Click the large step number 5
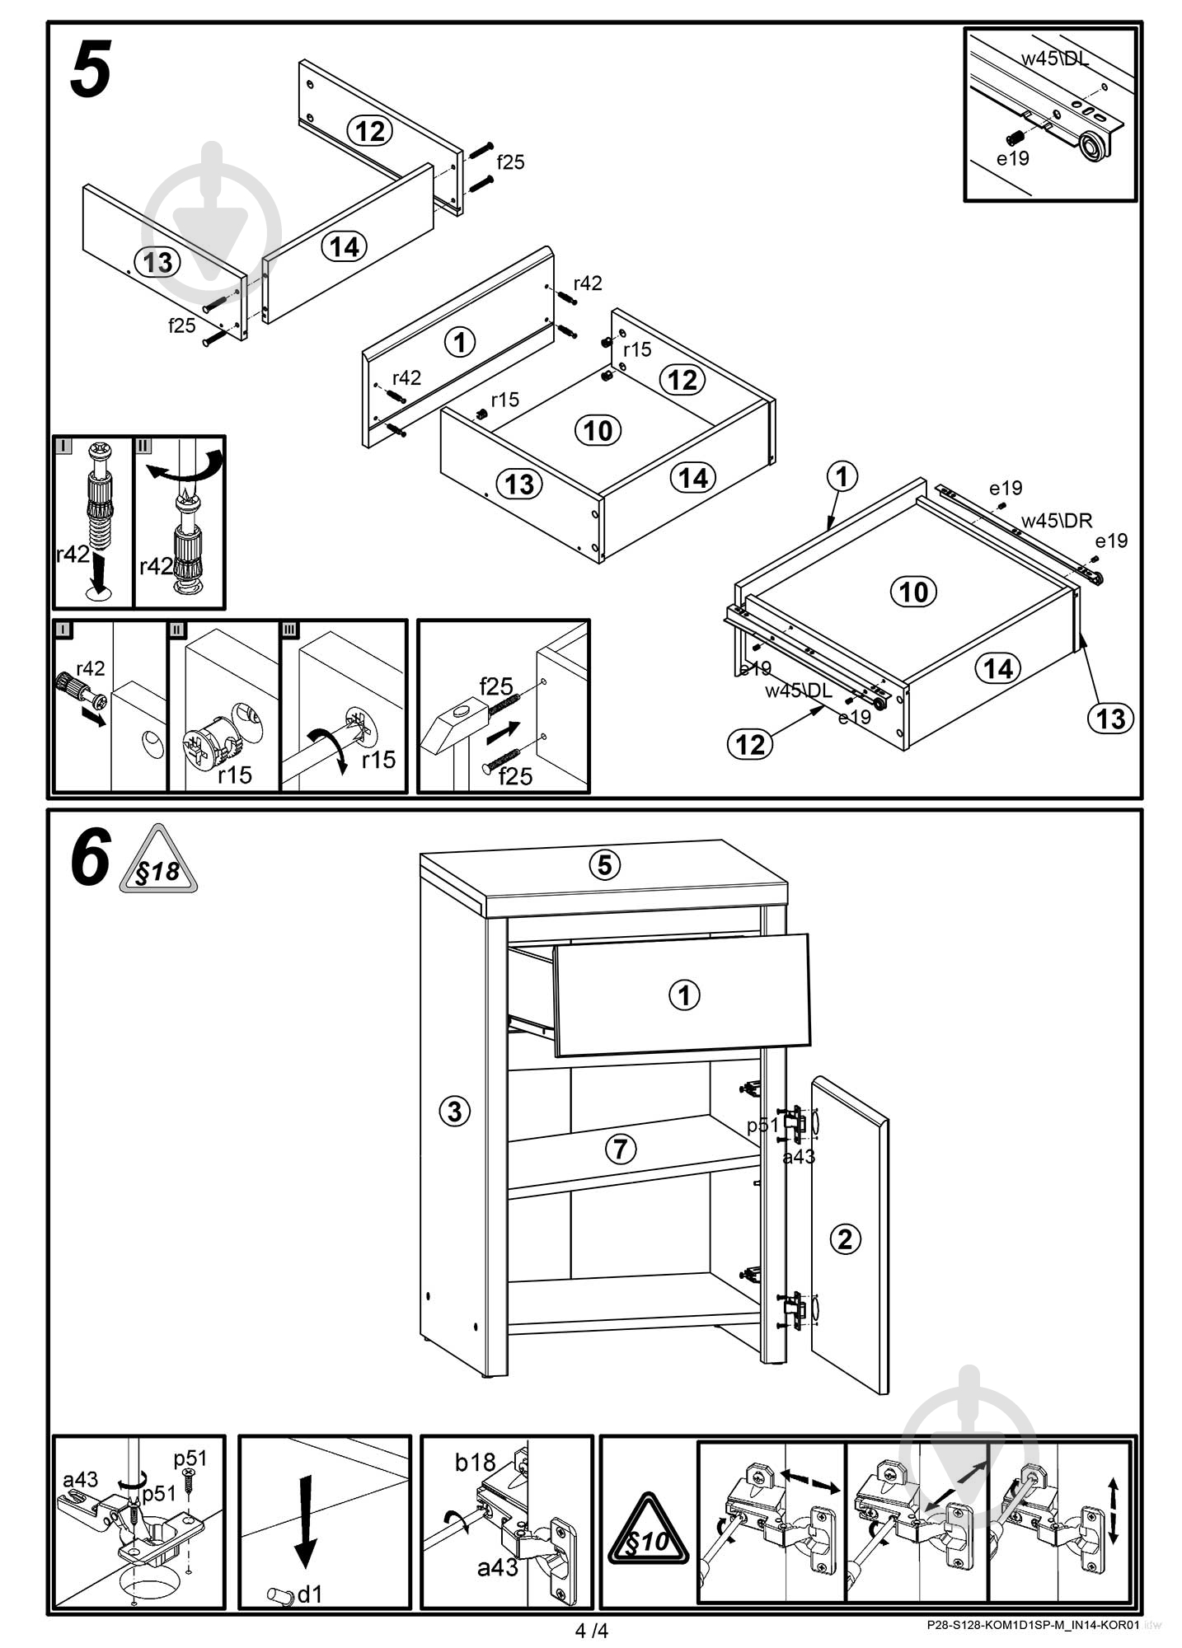pyautogui.click(x=91, y=71)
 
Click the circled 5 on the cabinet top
pyautogui.click(x=604, y=865)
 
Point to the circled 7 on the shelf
pyautogui.click(x=621, y=1149)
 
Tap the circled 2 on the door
pyautogui.click(x=845, y=1238)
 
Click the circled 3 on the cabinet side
pyautogui.click(x=454, y=1112)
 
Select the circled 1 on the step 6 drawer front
pyautogui.click(x=684, y=995)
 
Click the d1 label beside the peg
pyautogui.click(x=309, y=1594)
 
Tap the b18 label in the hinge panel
pyautogui.click(x=475, y=1463)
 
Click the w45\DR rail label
pyautogui.click(x=1057, y=521)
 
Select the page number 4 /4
pyautogui.click(x=592, y=1631)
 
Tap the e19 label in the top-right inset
pyautogui.click(x=1013, y=157)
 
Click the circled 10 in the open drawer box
pyautogui.click(x=598, y=430)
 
